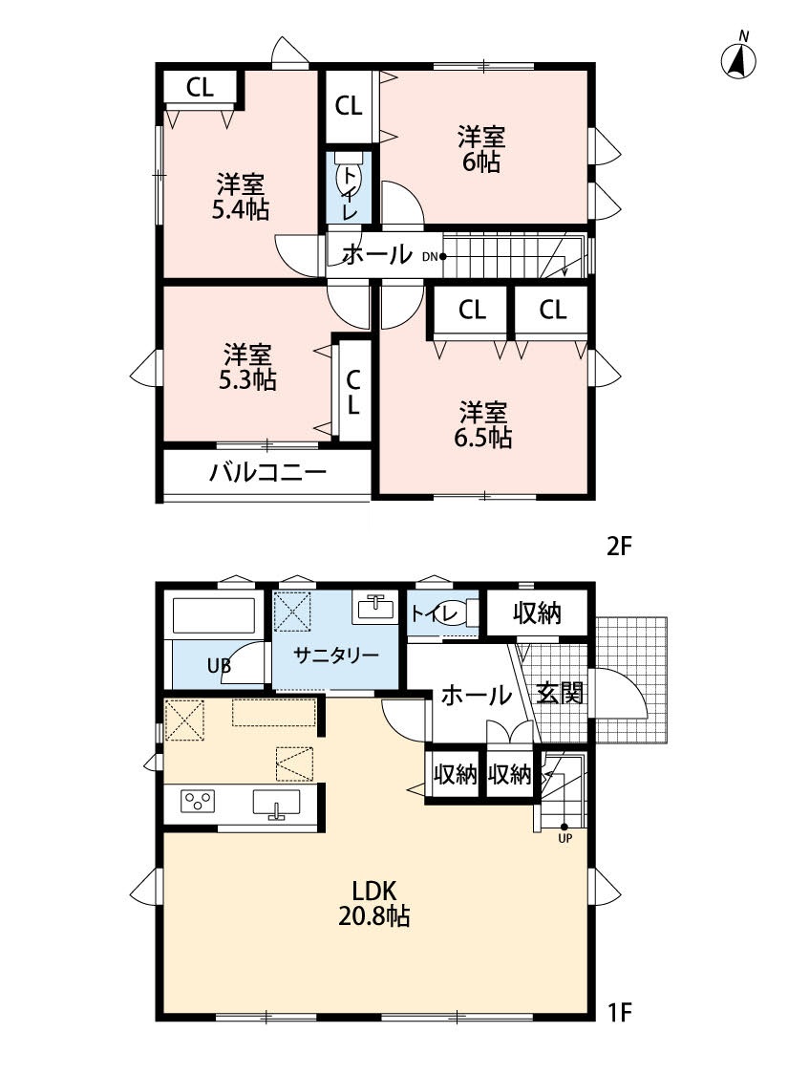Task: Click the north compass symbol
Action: pyautogui.click(x=738, y=57)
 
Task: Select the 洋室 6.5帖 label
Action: pyautogui.click(x=482, y=425)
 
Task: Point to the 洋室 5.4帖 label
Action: pyautogui.click(x=240, y=197)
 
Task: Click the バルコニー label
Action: pyautogui.click(x=267, y=472)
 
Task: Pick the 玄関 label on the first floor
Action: pyautogui.click(x=560, y=693)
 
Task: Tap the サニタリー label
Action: pyautogui.click(x=336, y=656)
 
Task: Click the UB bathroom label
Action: pyautogui.click(x=219, y=665)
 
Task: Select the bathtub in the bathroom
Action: pyautogui.click(x=214, y=616)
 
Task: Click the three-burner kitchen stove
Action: pyautogui.click(x=198, y=801)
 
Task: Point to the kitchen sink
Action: pyautogui.click(x=276, y=802)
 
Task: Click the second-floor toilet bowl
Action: pyautogui.click(x=348, y=176)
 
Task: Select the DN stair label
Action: pyautogui.click(x=430, y=257)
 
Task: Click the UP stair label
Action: pyautogui.click(x=564, y=838)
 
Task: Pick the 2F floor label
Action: pyautogui.click(x=619, y=548)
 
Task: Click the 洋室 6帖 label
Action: pyautogui.click(x=481, y=149)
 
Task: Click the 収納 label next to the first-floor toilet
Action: pyautogui.click(x=537, y=613)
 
